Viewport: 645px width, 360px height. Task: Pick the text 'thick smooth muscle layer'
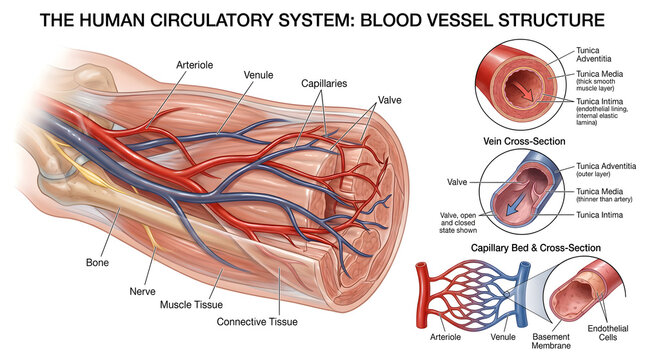(604, 85)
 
